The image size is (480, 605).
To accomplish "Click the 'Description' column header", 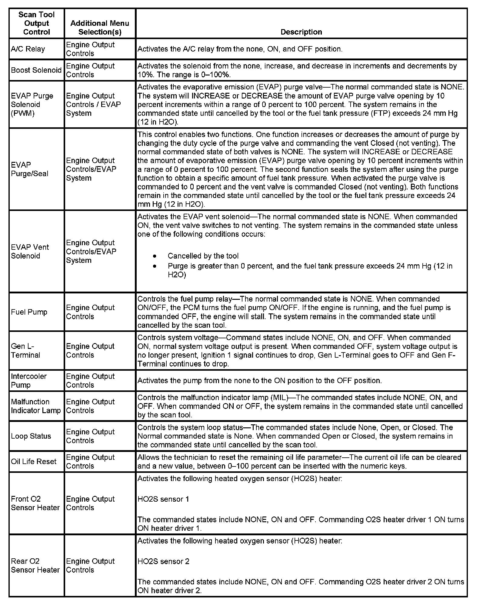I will [x=301, y=32].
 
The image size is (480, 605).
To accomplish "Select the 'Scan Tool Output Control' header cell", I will [x=37, y=23].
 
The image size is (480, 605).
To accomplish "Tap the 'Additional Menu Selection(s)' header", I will [x=100, y=28].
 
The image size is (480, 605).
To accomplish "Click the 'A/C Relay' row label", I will [x=28, y=49].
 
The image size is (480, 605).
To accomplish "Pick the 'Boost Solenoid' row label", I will [x=36, y=70].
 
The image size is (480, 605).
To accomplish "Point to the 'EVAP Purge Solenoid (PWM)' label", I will [x=32, y=105].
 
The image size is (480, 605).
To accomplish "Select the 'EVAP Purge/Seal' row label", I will [x=30, y=169].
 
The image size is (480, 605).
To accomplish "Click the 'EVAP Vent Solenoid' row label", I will [x=30, y=252].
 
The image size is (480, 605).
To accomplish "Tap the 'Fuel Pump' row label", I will [x=29, y=312].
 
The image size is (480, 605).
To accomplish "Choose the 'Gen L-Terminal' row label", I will [x=25, y=351].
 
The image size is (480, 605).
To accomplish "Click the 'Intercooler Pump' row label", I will [x=29, y=381].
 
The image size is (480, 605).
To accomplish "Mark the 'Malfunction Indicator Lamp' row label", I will [x=36, y=406].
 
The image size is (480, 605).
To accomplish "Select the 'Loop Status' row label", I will [x=31, y=436].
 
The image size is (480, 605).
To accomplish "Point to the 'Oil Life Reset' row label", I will [x=34, y=462].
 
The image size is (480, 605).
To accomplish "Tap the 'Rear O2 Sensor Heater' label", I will [x=35, y=566].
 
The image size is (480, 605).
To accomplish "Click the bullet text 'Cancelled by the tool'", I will [x=203, y=256].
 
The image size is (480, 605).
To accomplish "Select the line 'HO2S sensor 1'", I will [x=163, y=499].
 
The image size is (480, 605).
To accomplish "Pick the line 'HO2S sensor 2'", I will [x=163, y=561].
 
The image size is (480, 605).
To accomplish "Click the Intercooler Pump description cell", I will [x=259, y=381].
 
